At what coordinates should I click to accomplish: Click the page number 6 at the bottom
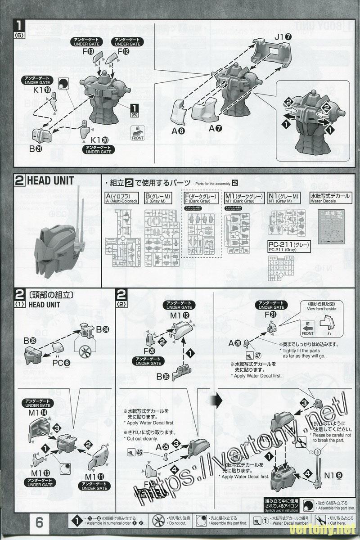[x=39, y=522]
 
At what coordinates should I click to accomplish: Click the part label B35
[x=163, y=377]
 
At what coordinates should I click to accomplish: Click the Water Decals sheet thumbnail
[x=333, y=225]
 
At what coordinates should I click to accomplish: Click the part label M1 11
[x=94, y=477]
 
